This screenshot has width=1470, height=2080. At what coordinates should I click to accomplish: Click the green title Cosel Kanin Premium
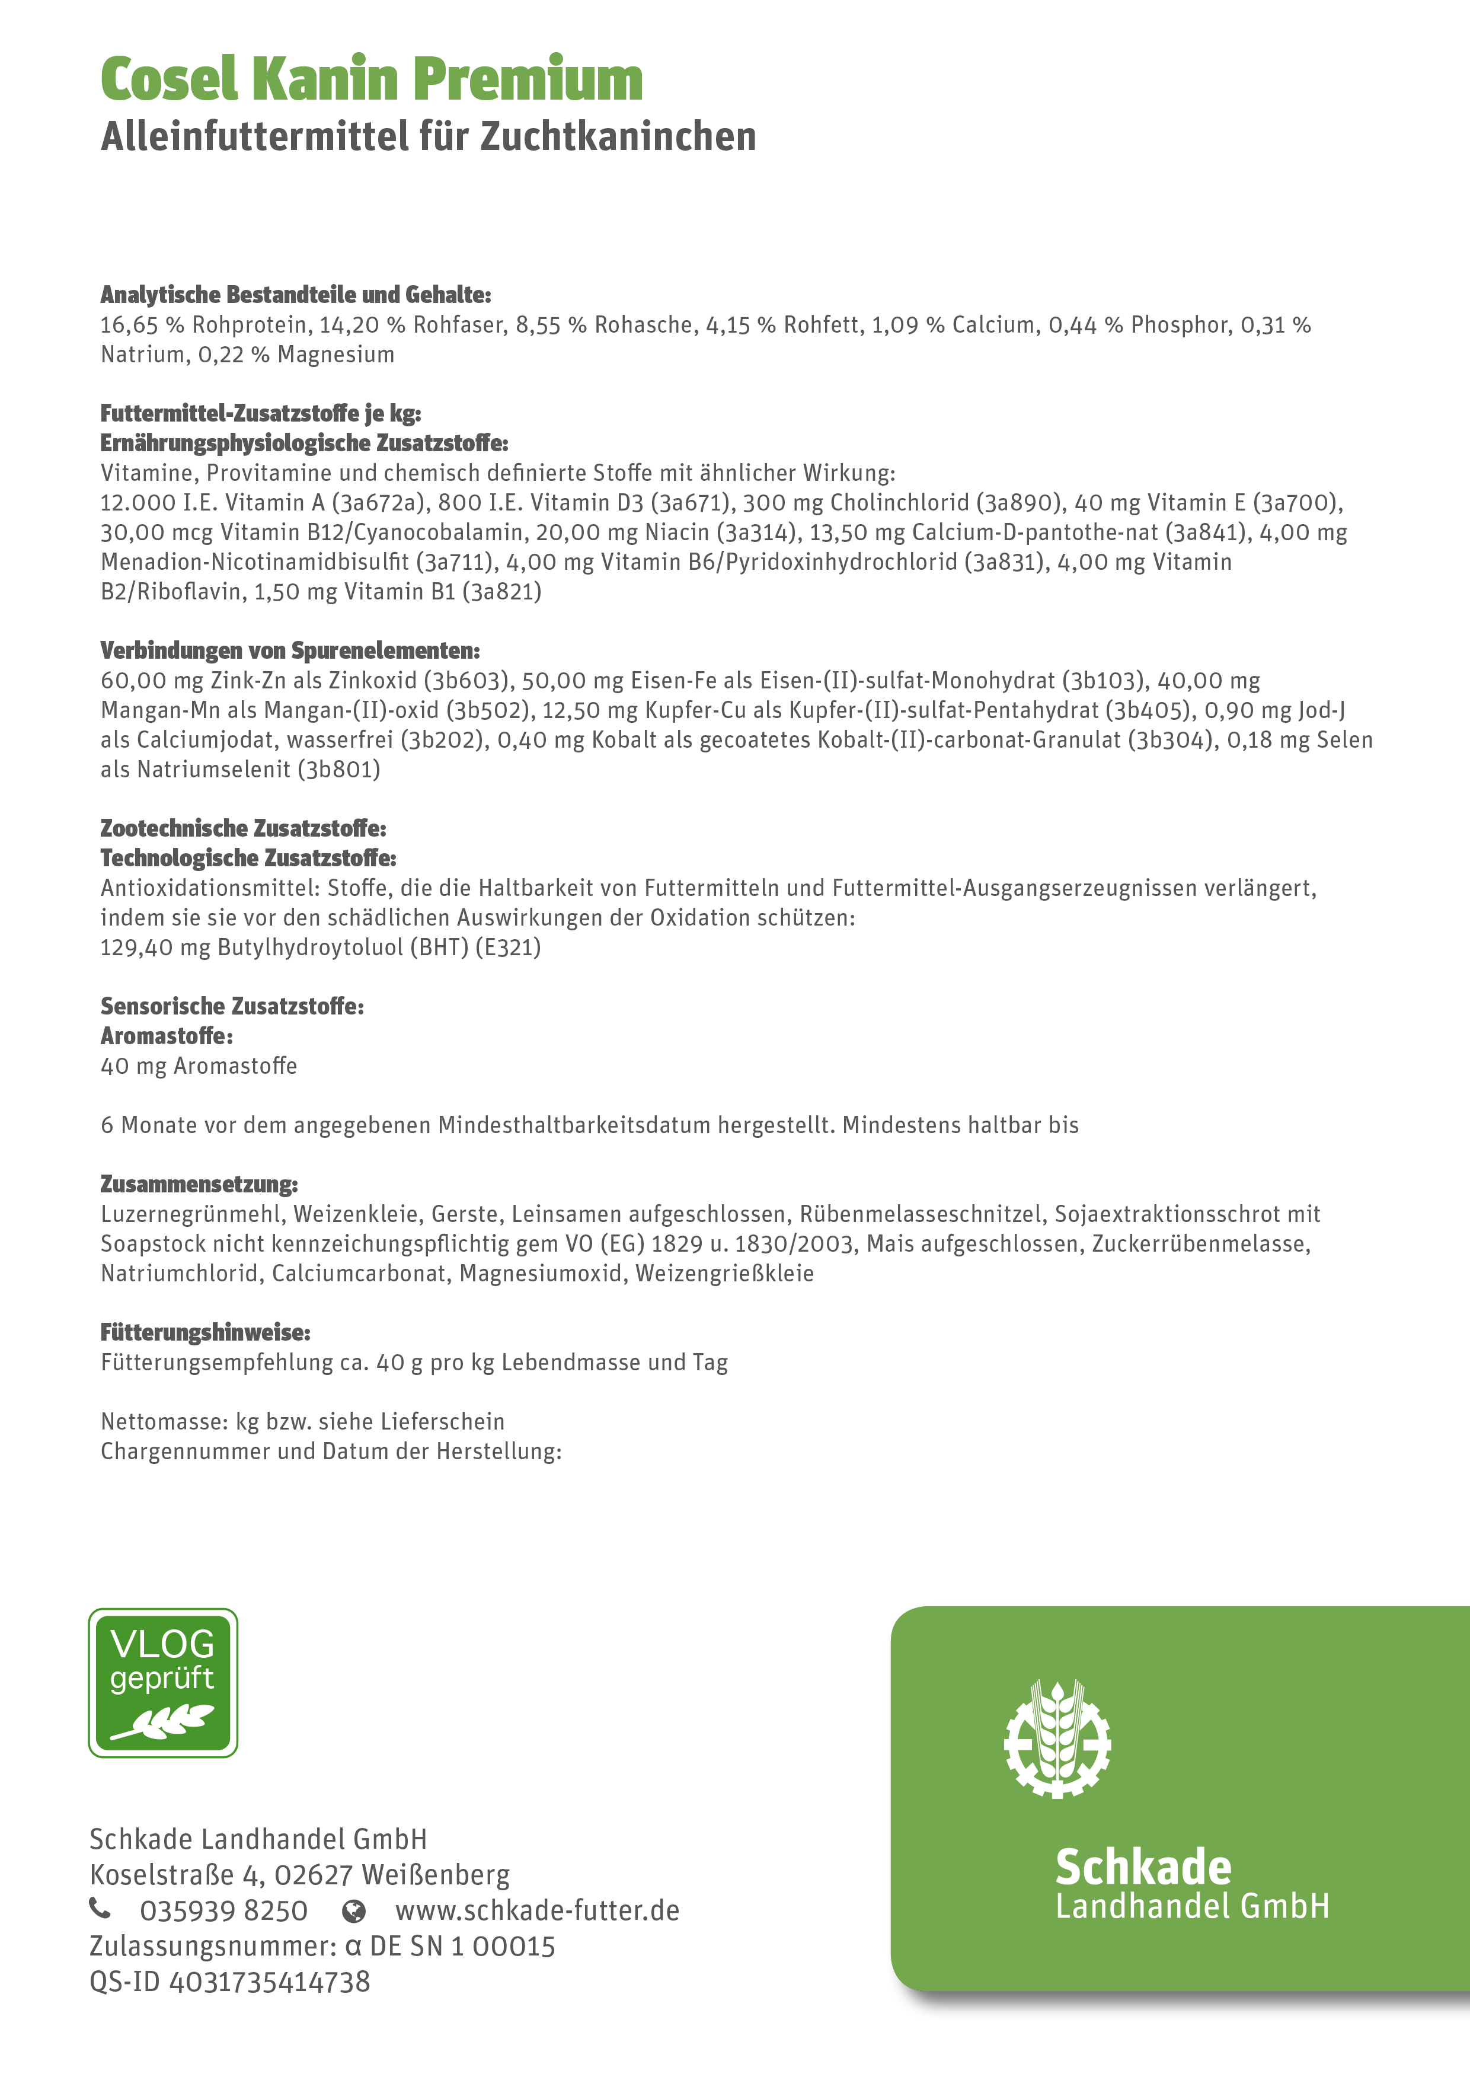coord(371,79)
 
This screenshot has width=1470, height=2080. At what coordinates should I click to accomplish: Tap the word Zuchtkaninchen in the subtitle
coord(618,138)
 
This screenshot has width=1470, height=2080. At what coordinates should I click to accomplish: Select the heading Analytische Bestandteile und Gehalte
coord(295,295)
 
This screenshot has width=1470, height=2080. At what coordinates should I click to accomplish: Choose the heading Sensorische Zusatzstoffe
coord(232,1006)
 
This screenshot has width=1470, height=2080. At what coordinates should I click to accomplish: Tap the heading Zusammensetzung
coord(199,1184)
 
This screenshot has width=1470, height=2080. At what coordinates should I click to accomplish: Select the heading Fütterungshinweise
coord(204,1333)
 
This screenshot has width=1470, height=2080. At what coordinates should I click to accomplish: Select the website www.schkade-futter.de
coord(537,1910)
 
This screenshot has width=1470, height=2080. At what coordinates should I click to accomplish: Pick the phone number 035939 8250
coord(223,1910)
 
